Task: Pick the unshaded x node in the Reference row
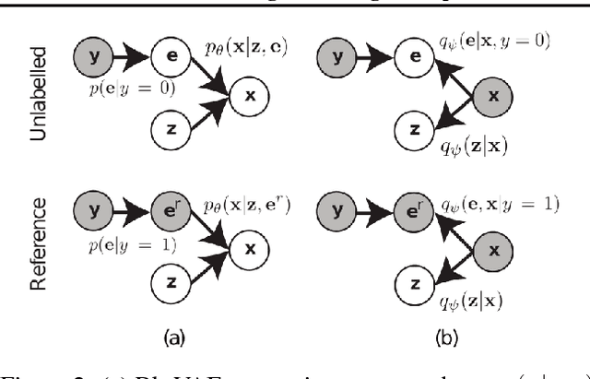[245, 246]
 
